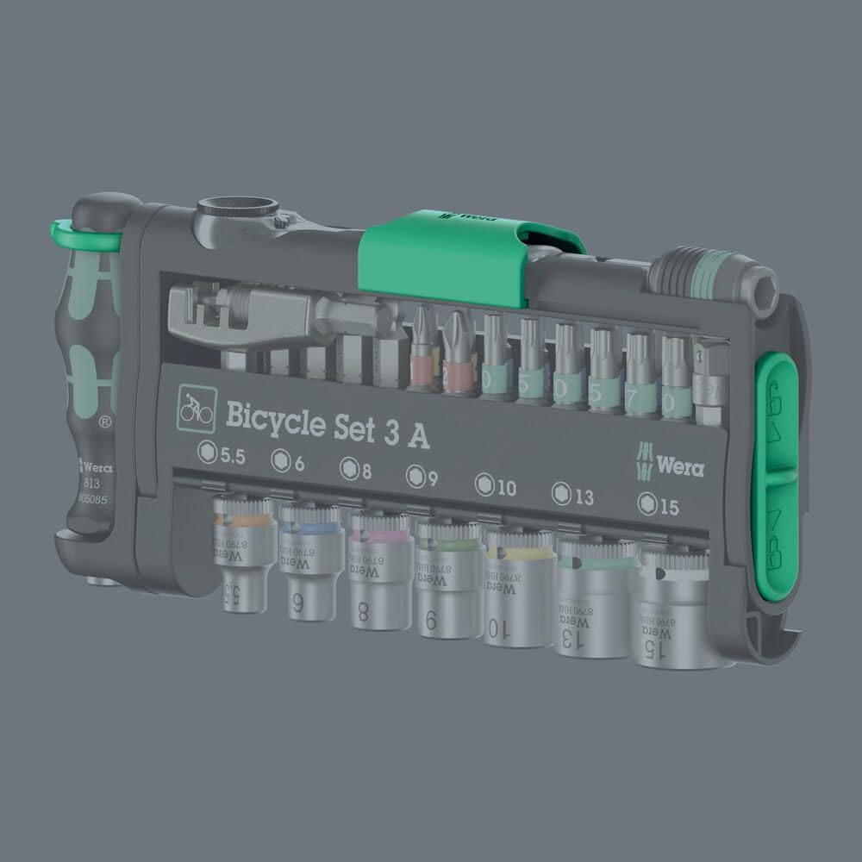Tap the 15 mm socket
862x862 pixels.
pos(673,609)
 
